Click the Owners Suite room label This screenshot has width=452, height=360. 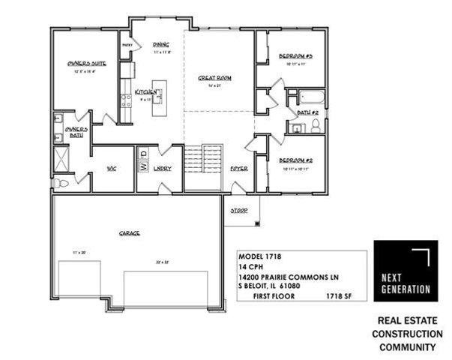(x=85, y=64)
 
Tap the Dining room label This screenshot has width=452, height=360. (x=161, y=44)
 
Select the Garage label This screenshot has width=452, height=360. (x=129, y=233)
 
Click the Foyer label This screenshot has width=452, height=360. (x=239, y=168)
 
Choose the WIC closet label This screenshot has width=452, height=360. (x=112, y=168)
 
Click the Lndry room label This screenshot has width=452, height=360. (x=163, y=168)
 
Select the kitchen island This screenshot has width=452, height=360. (x=159, y=97)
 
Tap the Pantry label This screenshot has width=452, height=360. (x=127, y=44)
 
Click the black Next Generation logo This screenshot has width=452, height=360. (x=406, y=270)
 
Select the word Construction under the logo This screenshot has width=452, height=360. (x=406, y=333)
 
